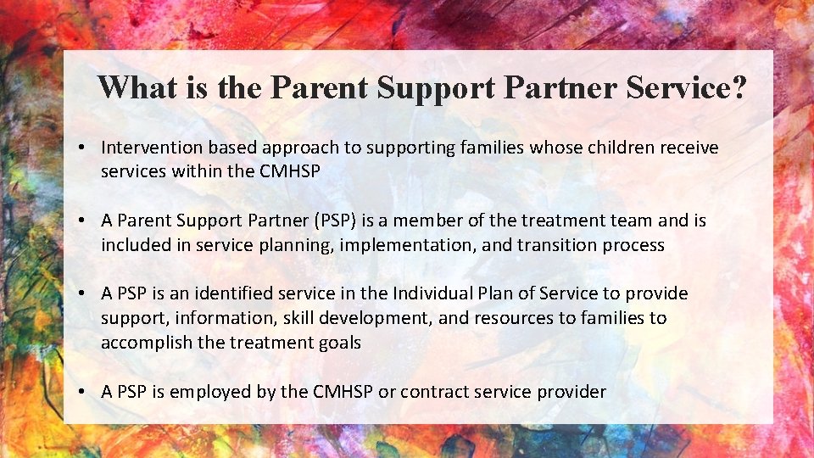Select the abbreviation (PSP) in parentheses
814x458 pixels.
337,221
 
